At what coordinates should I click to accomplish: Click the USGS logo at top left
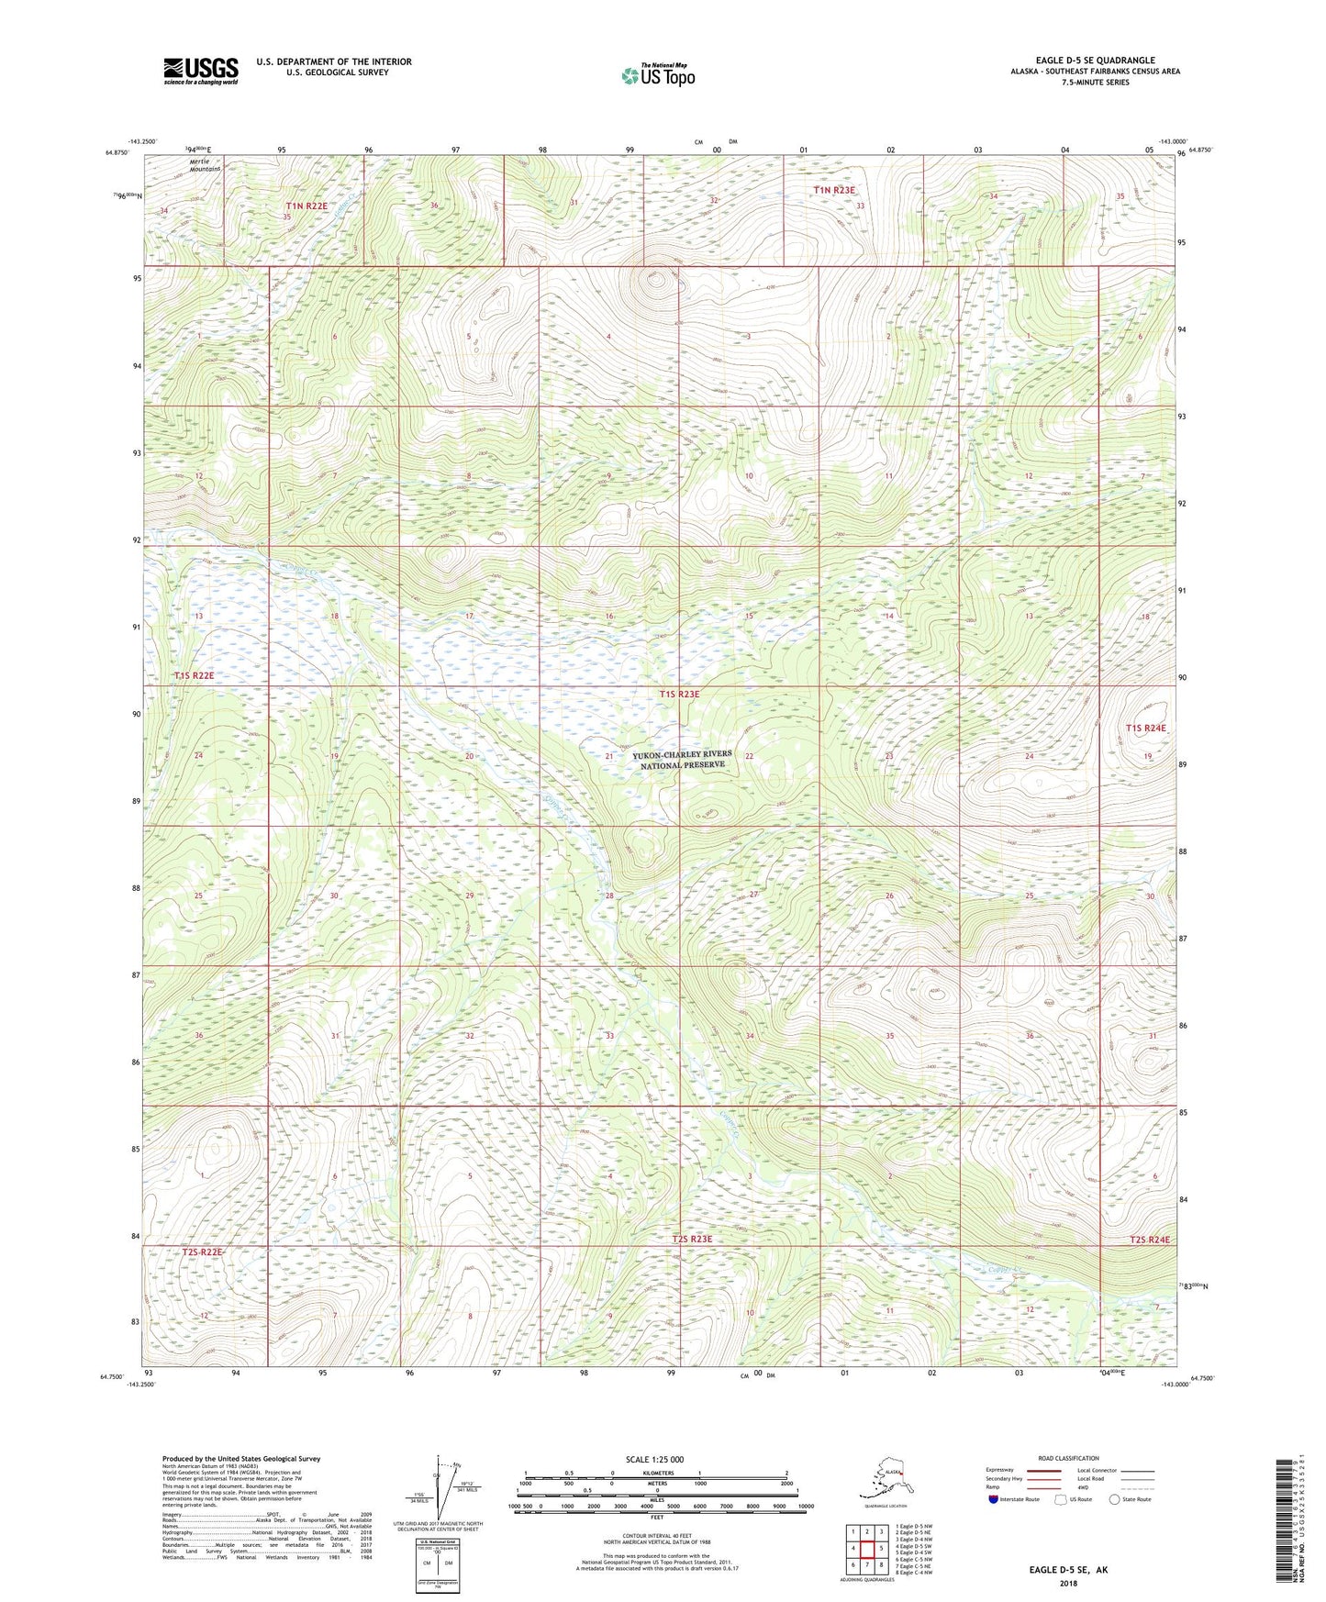tap(200, 71)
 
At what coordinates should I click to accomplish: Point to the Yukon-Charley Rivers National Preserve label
tap(682, 760)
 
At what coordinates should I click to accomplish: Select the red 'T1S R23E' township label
tap(679, 695)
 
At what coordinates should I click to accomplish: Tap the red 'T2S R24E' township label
tap(1150, 1240)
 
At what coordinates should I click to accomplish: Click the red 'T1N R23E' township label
tap(833, 190)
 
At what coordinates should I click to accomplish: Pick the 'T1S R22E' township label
tap(194, 675)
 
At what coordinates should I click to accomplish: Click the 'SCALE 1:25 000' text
tap(654, 1460)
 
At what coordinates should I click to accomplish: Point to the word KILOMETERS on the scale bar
tap(655, 1474)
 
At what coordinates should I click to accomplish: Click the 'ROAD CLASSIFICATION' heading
tap(1068, 1459)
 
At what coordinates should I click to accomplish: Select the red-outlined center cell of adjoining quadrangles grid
tap(866, 1549)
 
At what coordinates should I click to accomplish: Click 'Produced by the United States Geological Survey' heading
tap(241, 1459)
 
